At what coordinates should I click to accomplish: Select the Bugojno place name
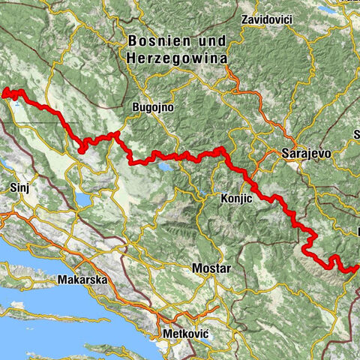point(153,108)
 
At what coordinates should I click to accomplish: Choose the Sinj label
point(19,186)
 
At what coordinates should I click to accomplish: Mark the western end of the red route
point(5,94)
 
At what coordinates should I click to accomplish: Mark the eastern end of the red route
point(358,266)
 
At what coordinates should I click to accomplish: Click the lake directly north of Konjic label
point(204,198)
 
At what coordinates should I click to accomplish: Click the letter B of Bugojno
point(135,108)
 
